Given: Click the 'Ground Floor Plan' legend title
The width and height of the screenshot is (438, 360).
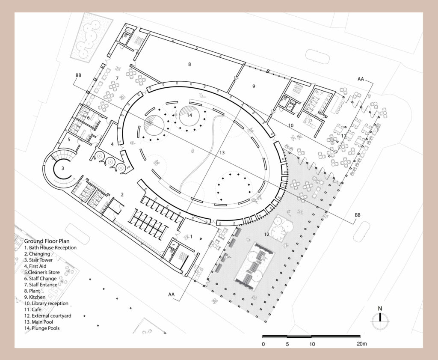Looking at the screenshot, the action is (x=47, y=241).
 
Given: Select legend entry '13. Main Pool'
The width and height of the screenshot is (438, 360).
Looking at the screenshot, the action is (x=38, y=322).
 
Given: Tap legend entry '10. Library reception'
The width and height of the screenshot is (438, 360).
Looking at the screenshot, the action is (x=46, y=303).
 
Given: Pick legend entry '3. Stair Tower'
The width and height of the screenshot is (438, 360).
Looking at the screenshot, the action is (x=38, y=260).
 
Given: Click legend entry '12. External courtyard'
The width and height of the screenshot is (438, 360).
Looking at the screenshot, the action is (x=48, y=316).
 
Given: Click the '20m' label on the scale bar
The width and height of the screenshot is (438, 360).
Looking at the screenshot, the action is (x=361, y=344).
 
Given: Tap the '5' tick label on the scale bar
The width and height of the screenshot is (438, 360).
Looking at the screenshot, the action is (x=287, y=344).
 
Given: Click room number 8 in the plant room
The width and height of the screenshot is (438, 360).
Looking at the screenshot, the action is (x=189, y=64).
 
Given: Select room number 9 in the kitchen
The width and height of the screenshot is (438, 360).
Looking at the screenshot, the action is (x=254, y=86).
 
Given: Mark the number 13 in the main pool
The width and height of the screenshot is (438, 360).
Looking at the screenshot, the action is (x=222, y=153).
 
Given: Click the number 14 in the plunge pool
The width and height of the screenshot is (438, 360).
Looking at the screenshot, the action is (x=189, y=115).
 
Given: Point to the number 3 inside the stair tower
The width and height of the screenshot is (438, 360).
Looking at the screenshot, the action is (x=62, y=168).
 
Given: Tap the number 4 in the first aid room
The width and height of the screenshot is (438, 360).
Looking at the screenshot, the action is (x=112, y=145).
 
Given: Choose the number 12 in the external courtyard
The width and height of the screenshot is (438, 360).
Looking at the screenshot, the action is (x=266, y=235).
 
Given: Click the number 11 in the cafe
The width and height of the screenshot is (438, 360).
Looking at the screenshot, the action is (x=343, y=136).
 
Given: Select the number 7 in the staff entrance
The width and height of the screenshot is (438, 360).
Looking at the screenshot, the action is (x=117, y=78).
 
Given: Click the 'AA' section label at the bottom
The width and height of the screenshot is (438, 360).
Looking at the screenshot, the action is (x=171, y=295).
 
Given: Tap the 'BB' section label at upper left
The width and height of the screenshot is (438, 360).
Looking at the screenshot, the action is (x=78, y=75).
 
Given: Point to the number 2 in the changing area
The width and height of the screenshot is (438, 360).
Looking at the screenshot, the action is (x=122, y=195).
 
